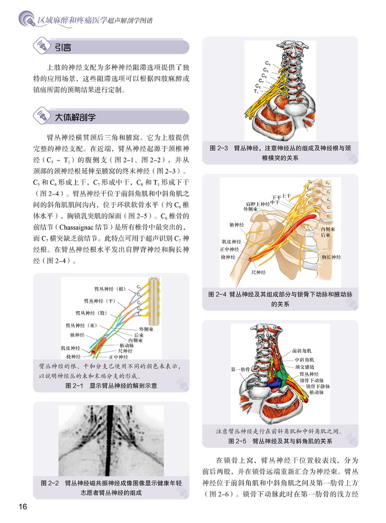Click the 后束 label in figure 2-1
(x=140, y=335)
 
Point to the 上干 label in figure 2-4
(x=287, y=195)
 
